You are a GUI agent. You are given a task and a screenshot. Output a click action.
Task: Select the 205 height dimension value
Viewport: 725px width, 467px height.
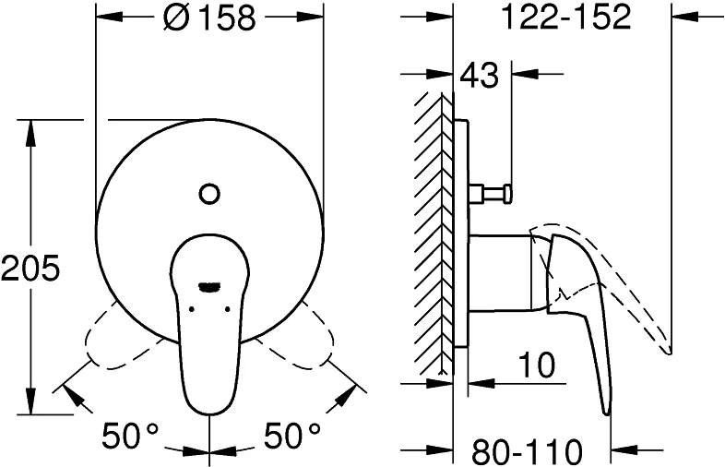click(30, 269)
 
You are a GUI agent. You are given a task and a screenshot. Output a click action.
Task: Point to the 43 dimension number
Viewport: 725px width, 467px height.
click(478, 75)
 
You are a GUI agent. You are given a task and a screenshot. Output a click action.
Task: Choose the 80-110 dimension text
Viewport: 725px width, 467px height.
click(528, 451)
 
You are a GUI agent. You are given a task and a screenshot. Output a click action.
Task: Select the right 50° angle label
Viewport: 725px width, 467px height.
click(292, 434)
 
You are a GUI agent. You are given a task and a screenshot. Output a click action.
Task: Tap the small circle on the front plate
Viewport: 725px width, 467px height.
click(209, 194)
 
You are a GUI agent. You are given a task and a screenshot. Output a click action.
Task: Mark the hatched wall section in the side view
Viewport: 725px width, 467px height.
click(430, 231)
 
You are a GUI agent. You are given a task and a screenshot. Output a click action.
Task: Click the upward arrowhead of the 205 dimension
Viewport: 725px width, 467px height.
click(30, 129)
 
